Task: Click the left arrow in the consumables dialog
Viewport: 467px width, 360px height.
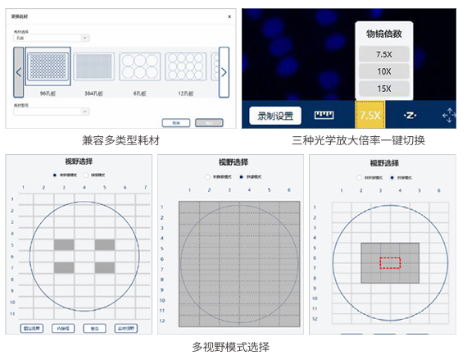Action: click(18, 72)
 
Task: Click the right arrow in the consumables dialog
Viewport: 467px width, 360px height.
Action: click(223, 72)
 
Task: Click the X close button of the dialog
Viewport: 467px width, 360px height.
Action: click(228, 16)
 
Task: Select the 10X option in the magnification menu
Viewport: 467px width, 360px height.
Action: click(384, 71)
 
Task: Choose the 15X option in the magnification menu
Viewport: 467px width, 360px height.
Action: click(384, 89)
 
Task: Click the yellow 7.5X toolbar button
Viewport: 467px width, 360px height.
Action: click(370, 115)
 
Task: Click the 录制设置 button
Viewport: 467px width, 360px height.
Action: click(275, 116)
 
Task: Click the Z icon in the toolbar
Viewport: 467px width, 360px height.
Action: click(412, 115)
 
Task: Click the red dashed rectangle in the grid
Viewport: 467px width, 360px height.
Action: click(390, 262)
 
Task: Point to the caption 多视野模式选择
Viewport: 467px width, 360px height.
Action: click(230, 347)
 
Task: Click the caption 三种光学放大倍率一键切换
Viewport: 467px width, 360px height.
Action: click(358, 140)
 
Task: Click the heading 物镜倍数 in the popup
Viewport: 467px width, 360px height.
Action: click(384, 33)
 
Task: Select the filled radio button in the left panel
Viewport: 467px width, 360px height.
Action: click(55, 175)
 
